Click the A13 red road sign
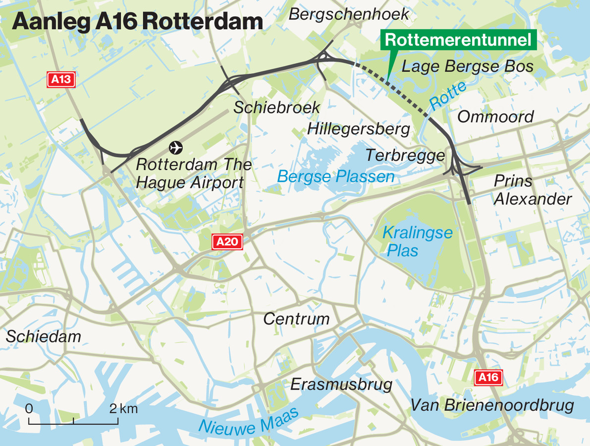coord(61,80)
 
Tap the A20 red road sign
coord(228,242)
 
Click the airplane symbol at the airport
coord(175,147)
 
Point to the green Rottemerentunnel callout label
coord(458,40)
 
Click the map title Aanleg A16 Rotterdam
coord(137,22)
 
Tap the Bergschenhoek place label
coord(349,14)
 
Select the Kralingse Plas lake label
coord(417,241)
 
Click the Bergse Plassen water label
coord(336,176)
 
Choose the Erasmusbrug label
coord(341,384)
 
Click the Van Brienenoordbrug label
coord(492,405)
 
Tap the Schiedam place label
coord(44,336)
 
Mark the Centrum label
coord(296,319)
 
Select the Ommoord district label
coord(495,117)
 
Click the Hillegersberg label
coord(359,129)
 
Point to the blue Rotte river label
coord(448,96)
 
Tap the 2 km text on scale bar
coord(123,409)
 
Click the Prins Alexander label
coord(532,190)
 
